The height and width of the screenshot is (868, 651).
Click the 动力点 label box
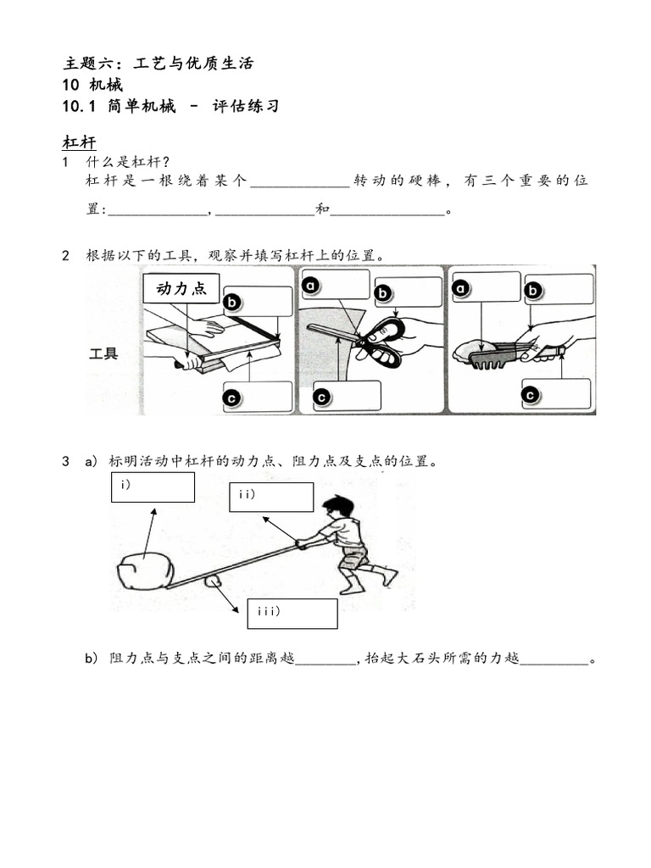point(181,288)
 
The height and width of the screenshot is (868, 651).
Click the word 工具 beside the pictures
point(103,353)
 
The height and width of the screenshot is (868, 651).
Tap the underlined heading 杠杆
point(80,141)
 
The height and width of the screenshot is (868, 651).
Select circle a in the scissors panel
point(311,287)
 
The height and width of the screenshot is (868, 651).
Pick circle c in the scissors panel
point(321,396)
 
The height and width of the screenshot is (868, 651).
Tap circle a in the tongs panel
point(461,288)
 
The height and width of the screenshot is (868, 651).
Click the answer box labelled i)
point(153,487)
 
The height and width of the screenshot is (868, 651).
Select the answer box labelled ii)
point(271,497)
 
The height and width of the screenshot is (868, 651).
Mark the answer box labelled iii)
point(292,613)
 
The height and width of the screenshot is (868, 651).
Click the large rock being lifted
point(145,571)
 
